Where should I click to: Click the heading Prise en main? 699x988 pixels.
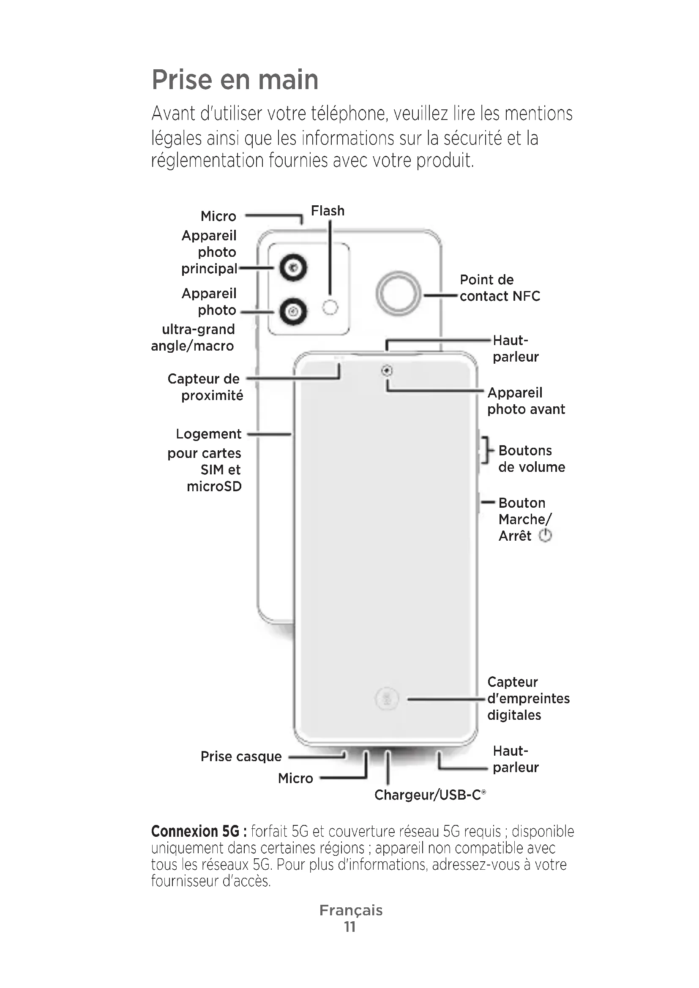[x=235, y=79]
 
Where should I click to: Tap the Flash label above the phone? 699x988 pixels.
[x=328, y=211]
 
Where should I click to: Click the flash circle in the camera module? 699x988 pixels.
[x=330, y=307]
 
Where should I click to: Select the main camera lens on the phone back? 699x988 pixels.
[x=293, y=268]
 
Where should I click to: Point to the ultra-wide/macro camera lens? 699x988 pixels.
[x=293, y=311]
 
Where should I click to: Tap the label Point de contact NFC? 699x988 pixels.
[x=500, y=288]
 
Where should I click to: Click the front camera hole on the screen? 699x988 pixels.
[x=387, y=370]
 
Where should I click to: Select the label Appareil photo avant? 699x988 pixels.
[x=526, y=400]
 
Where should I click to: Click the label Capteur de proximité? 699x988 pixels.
[x=205, y=387]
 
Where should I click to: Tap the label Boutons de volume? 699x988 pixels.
[x=532, y=459]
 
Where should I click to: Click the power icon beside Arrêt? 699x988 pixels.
[x=545, y=536]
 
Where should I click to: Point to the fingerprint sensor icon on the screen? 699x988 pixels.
[x=387, y=698]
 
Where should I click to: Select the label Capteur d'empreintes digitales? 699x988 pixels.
[x=529, y=698]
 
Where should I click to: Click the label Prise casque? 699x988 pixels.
[x=241, y=757]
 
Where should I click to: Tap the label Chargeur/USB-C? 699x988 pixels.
[x=430, y=795]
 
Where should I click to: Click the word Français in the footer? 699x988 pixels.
[x=351, y=910]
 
